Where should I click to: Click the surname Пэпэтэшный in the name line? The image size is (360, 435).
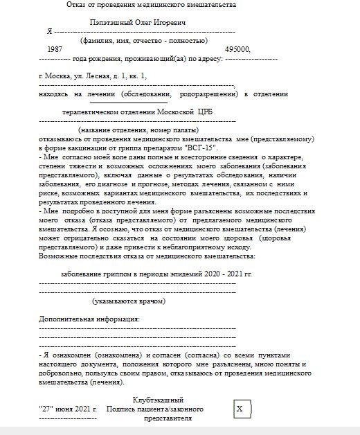pos(114,22)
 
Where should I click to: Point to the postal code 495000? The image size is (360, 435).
pos(237,50)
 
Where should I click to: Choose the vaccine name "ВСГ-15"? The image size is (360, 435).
pos(201,148)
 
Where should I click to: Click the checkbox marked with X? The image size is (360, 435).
pos(240,409)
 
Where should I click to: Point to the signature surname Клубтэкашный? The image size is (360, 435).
pos(158,400)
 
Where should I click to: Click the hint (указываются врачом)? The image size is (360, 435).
pos(129,301)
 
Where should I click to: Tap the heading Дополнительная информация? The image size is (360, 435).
pos(89,319)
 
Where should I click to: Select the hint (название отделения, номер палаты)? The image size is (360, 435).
pos(138,130)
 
